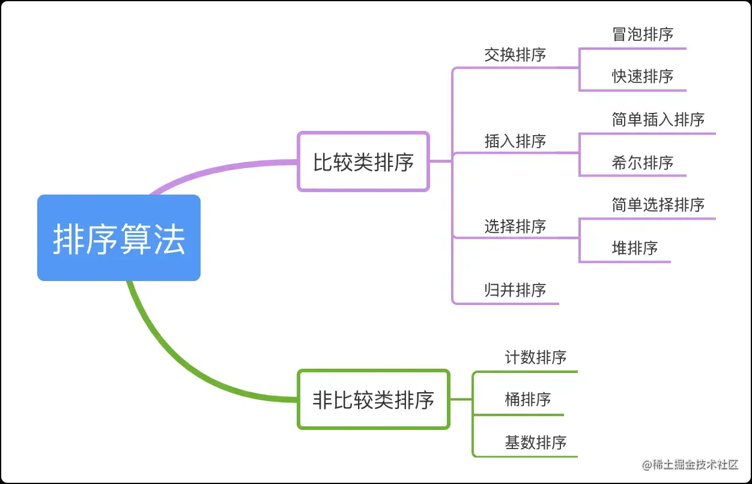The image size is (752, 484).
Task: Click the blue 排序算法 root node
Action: click(118, 238)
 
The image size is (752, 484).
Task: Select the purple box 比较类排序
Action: click(363, 162)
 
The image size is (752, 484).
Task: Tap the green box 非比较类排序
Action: click(373, 399)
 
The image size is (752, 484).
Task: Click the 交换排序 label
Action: click(515, 55)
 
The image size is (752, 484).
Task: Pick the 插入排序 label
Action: click(515, 141)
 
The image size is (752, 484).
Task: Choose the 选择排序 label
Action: click(515, 226)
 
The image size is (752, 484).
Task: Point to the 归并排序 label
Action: click(515, 290)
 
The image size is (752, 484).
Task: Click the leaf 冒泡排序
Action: click(643, 34)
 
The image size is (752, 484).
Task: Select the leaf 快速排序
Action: click(643, 76)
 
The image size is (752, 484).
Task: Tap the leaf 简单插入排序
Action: click(658, 119)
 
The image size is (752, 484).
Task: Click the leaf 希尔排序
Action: click(643, 163)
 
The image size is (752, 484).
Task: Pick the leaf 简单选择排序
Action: click(658, 205)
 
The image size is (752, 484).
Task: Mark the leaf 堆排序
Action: click(634, 248)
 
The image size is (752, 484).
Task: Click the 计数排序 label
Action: click(535, 357)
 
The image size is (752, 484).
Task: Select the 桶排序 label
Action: click(527, 399)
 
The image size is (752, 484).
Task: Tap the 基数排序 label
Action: click(535, 443)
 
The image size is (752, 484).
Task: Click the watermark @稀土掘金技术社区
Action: click(690, 464)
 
